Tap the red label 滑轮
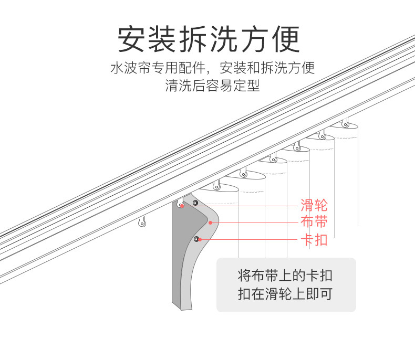[x=314, y=205]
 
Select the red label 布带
[x=314, y=222]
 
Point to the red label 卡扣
[x=314, y=240]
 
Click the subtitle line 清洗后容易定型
[x=212, y=86]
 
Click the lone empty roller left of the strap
[x=141, y=223]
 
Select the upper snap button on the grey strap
[x=195, y=203]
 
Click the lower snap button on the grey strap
[x=196, y=239]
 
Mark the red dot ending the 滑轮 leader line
[x=182, y=206]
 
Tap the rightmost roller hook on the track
[x=345, y=124]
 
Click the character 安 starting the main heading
[x=131, y=39]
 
